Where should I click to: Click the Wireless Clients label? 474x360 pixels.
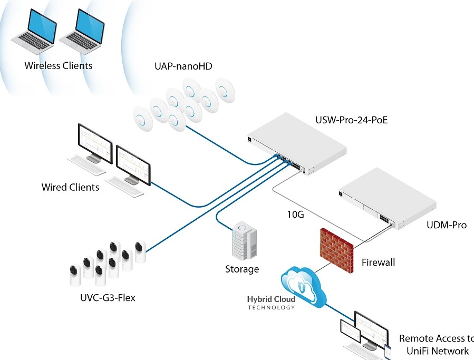[58, 66]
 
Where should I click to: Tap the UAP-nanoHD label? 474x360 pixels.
[183, 66]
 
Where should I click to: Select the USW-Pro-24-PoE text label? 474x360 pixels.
[352, 121]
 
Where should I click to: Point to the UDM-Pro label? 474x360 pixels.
[447, 225]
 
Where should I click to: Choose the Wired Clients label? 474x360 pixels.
[70, 187]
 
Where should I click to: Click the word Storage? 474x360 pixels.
[242, 269]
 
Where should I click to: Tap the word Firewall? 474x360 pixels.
[378, 262]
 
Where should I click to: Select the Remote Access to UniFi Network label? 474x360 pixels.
[436, 345]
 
